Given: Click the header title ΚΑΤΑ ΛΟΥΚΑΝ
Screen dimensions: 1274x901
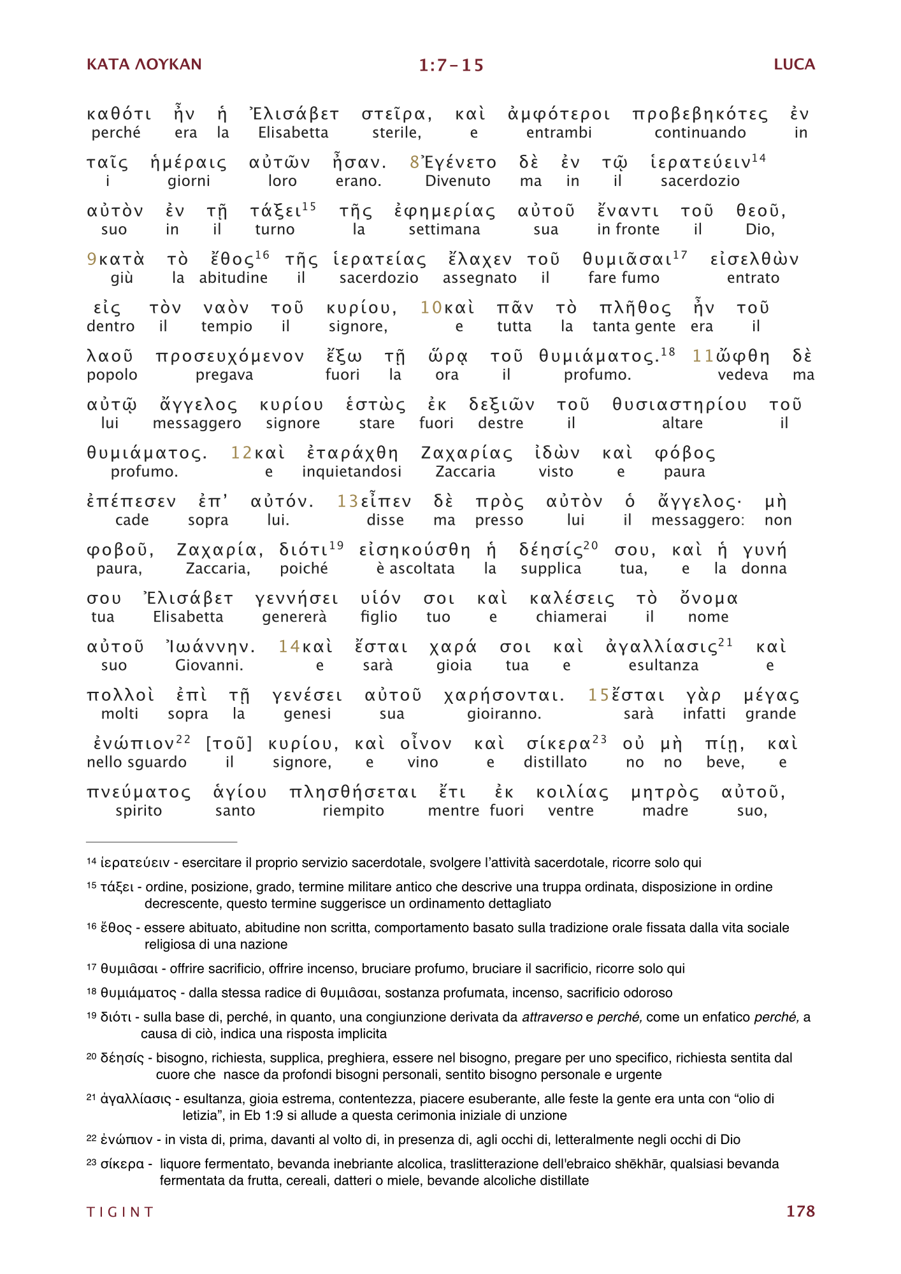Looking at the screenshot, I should coord(144,64).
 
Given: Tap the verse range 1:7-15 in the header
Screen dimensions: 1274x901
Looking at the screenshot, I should coord(451,66).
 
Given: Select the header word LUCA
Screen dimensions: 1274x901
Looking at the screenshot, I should coord(794,64).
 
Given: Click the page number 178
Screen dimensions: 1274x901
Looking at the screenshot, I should coord(800,1211).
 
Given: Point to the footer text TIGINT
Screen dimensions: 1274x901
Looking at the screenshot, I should coord(120,1212).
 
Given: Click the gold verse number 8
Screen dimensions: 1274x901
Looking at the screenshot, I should coord(414,163).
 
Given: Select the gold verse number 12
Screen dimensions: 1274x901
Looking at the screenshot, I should coord(241,454).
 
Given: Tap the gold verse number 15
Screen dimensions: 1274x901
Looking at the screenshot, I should coord(598,696).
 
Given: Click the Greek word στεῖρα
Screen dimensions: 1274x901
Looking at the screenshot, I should coord(396,115).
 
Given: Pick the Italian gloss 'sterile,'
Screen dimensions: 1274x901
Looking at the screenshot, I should coord(396,132).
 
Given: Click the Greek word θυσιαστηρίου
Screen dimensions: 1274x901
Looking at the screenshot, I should coord(679,405).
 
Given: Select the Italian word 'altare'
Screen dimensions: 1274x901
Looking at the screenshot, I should coord(682,423).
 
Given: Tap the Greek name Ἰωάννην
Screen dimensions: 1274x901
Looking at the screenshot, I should coord(210,647).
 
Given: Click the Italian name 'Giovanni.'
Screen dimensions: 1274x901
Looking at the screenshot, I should coord(209,666).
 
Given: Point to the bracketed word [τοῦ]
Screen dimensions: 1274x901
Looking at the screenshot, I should coord(229,744).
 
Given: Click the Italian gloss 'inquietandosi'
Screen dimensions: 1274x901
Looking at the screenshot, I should coord(352,471).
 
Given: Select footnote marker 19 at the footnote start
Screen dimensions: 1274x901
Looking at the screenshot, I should coord(92,1015).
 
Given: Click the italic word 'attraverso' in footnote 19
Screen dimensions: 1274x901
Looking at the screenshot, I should coord(551,1017).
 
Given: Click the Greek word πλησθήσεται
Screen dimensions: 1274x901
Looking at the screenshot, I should coord(353,792).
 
